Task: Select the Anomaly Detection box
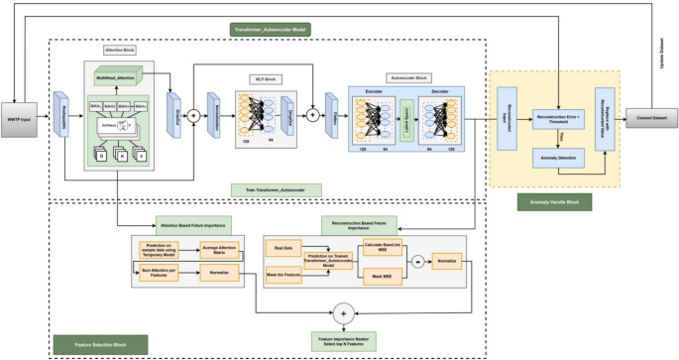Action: click(559, 156)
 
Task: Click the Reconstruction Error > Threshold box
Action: click(559, 118)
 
